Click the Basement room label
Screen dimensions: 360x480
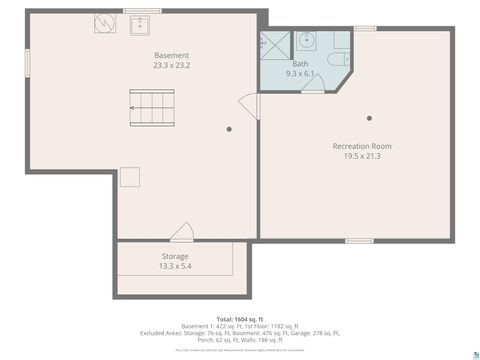click(172, 55)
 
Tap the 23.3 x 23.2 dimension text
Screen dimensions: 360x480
click(172, 65)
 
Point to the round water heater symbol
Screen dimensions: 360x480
click(105, 23)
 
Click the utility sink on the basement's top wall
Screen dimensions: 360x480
click(139, 23)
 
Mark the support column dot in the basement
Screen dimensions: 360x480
click(229, 129)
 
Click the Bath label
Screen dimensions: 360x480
click(300, 63)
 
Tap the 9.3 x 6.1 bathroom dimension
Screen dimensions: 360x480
click(300, 73)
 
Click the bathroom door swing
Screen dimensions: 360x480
click(313, 86)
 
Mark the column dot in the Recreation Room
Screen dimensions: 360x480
click(368, 117)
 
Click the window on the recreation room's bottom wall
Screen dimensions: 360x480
click(360, 241)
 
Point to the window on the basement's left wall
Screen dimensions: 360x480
click(27, 60)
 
